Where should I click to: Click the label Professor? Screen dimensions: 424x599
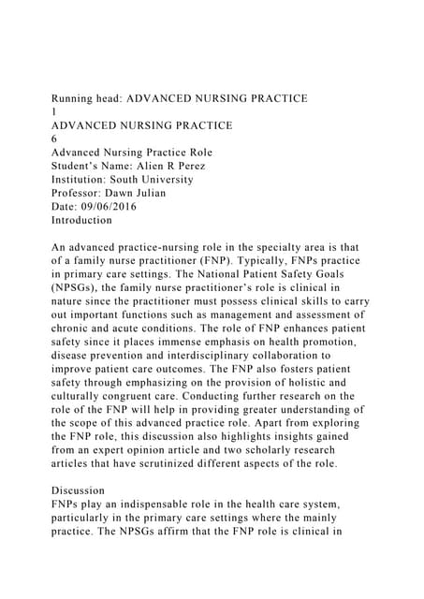click(78, 193)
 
